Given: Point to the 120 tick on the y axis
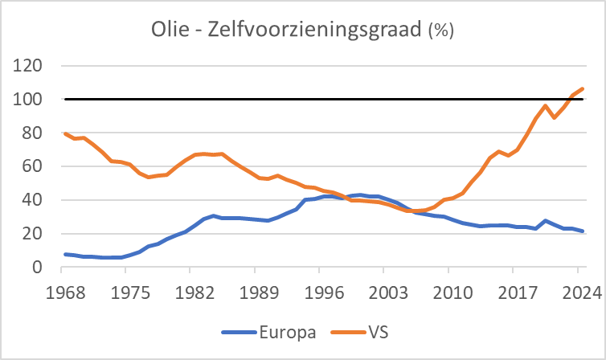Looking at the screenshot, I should tap(29, 66).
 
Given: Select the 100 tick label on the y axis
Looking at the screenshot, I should tap(29, 100).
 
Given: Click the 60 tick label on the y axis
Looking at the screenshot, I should tap(33, 166).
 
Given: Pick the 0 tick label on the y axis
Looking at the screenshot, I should tap(38, 268).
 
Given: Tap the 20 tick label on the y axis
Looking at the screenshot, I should tap(33, 234).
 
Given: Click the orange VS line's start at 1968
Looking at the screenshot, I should tap(64, 133).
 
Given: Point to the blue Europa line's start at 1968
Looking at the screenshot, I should tap(64, 254).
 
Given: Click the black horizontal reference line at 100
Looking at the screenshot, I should tap(321, 100).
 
